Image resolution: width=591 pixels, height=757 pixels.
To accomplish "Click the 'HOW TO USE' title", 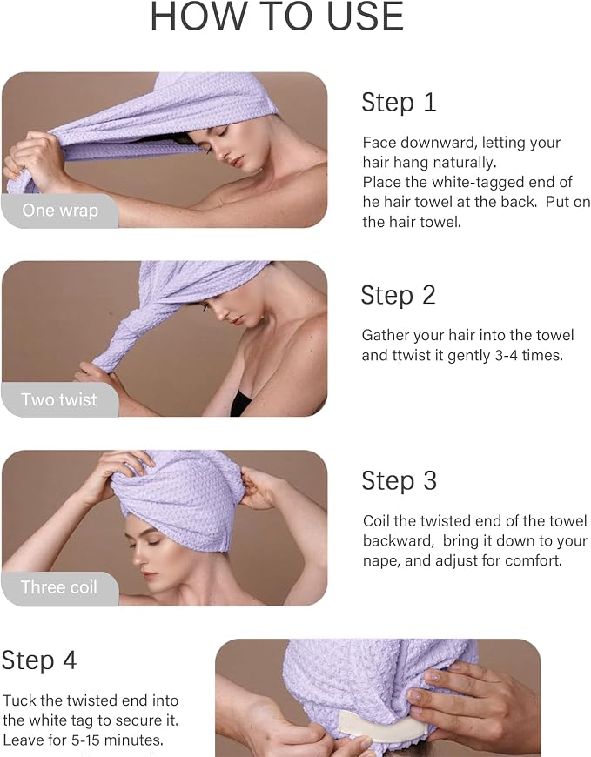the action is tap(277, 17).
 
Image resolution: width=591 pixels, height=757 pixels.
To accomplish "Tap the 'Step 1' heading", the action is tap(399, 103).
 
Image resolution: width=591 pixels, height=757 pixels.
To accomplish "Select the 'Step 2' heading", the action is tap(399, 296).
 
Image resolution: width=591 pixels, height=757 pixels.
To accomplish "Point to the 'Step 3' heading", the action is tap(400, 481).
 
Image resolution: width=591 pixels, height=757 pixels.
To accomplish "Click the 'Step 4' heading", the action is tap(38, 660).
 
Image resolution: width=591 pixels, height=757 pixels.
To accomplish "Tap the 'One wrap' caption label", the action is tap(60, 211).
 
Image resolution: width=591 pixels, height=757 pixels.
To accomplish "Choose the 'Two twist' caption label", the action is tap(59, 399).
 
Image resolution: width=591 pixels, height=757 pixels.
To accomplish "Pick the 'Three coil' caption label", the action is tap(59, 587).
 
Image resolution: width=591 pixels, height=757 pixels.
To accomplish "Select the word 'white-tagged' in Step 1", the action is tap(478, 182).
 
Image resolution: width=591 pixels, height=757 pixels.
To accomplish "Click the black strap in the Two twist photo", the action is tap(240, 404).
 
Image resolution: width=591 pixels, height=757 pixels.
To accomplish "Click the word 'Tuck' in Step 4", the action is tap(19, 700).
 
